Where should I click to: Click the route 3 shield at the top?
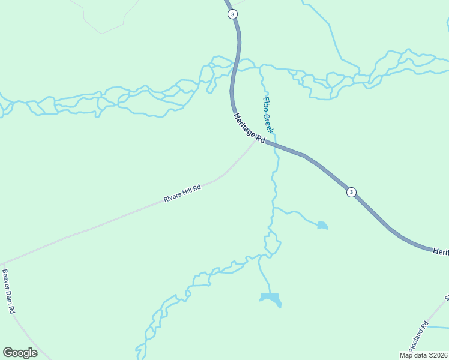(232, 14)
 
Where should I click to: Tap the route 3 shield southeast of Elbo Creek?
(351, 192)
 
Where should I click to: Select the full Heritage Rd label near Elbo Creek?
(249, 128)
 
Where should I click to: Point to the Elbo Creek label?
(268, 115)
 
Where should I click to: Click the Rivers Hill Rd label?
(182, 194)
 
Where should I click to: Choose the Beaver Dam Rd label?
(8, 292)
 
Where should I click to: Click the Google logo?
(20, 353)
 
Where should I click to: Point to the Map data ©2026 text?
(423, 355)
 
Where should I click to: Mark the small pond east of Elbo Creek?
(322, 226)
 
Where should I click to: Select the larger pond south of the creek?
(271, 298)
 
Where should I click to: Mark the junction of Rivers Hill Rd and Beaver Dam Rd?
(3, 263)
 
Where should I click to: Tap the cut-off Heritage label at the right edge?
(441, 252)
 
